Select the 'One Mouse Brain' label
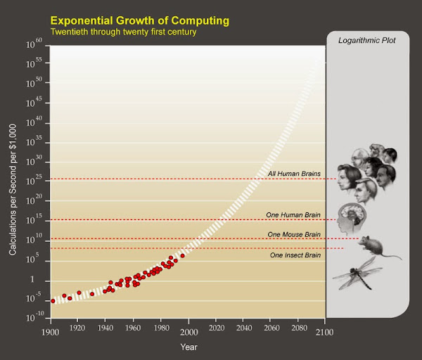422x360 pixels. (x=294, y=233)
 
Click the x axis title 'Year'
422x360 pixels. (x=188, y=346)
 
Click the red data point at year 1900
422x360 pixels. (x=53, y=301)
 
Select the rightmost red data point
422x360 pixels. (x=182, y=256)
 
